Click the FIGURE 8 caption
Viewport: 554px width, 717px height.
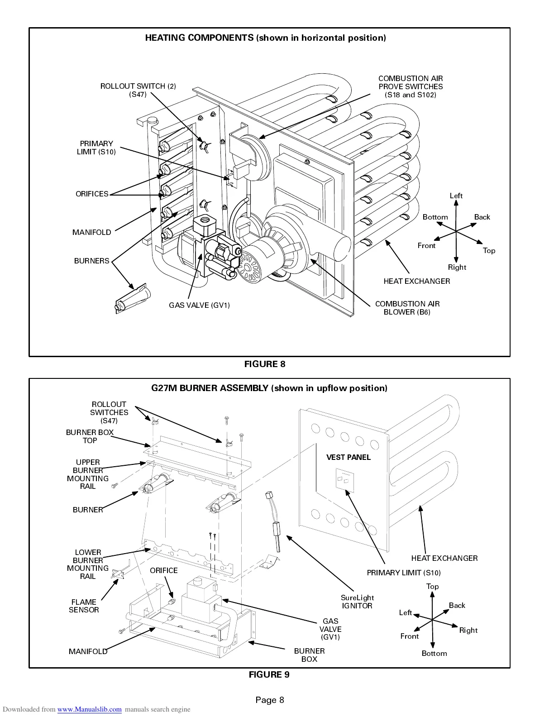pyautogui.click(x=265, y=364)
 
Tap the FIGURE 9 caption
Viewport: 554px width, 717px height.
pyautogui.click(x=269, y=675)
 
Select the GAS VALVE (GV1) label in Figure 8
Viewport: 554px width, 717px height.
pyautogui.click(x=199, y=306)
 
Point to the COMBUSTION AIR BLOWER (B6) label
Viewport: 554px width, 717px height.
pyautogui.click(x=407, y=308)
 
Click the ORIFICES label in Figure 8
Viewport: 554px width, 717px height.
pyautogui.click(x=92, y=194)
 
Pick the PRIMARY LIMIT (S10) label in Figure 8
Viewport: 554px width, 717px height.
pyautogui.click(x=96, y=148)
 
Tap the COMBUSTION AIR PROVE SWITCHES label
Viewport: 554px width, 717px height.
pyautogui.click(x=411, y=86)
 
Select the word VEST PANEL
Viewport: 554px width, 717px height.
pyautogui.click(x=349, y=458)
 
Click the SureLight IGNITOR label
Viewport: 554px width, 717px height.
pyautogui.click(x=357, y=602)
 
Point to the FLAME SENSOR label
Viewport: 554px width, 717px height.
pyautogui.click(x=84, y=606)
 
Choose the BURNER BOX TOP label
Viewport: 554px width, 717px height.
pyautogui.click(x=90, y=436)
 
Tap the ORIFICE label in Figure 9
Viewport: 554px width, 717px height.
pyautogui.click(x=164, y=571)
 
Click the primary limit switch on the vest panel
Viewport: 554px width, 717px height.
pyautogui.click(x=344, y=481)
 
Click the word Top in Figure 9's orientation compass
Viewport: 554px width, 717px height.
pyautogui.click(x=432, y=587)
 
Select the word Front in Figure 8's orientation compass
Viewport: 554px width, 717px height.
pyautogui.click(x=426, y=246)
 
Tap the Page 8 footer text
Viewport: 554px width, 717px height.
pyautogui.click(x=270, y=700)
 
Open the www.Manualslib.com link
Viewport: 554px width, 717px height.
pyautogui.click(x=89, y=709)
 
